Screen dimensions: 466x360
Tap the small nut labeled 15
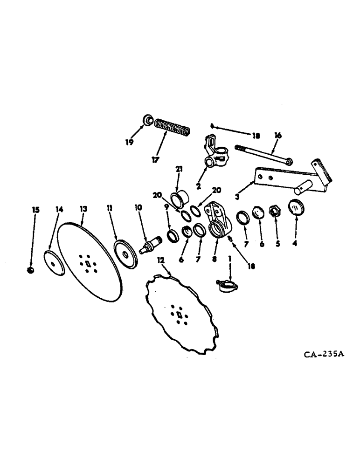click(x=30, y=271)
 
